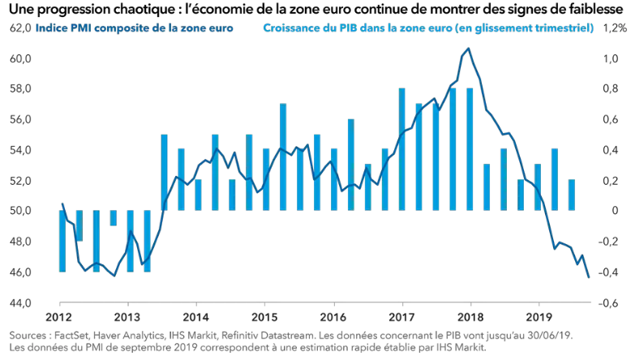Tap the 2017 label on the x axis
403,316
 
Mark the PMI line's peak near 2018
469,49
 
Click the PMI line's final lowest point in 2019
565,277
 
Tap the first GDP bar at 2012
62,241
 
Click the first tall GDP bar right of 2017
402,149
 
